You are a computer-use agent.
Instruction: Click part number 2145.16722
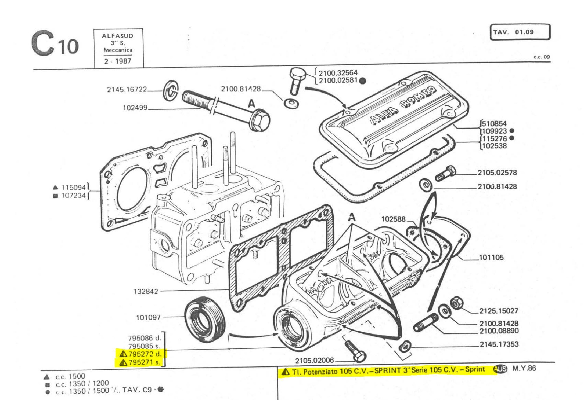click(x=127, y=89)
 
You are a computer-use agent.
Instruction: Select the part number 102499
click(x=135, y=108)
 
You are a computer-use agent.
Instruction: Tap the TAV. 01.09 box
click(x=520, y=32)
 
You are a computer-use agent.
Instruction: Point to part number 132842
click(x=146, y=291)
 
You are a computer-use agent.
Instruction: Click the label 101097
click(x=148, y=317)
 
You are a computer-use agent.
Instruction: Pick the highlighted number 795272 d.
click(x=140, y=354)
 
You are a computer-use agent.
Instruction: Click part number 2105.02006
click(x=314, y=360)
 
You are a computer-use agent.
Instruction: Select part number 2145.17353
click(x=499, y=344)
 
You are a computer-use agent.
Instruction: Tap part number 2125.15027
click(x=499, y=311)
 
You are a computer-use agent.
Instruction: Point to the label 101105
click(x=491, y=258)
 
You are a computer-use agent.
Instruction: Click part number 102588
click(x=393, y=219)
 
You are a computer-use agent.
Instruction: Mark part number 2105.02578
click(x=497, y=172)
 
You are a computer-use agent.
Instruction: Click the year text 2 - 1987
click(x=118, y=61)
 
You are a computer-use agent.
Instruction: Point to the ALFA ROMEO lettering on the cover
click(x=403, y=105)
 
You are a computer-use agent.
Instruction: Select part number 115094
click(x=73, y=187)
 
